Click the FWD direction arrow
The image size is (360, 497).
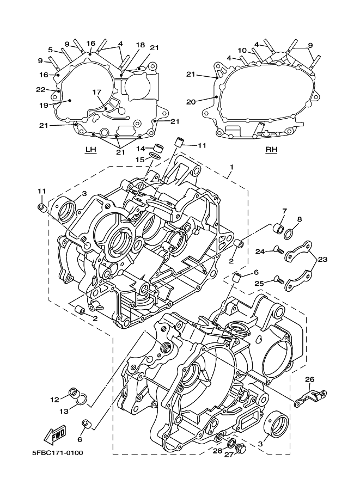coord(55,434)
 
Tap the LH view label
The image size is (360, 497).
coord(91,149)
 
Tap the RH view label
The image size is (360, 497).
coord(271,149)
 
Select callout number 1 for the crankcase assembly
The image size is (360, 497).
coord(231,167)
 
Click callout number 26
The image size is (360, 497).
coord(310,379)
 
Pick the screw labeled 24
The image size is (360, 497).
coord(278,251)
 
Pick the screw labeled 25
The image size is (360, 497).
coord(278,280)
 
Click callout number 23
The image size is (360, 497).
coord(322,259)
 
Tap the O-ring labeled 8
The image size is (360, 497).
coord(297,234)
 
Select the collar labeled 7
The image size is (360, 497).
coord(278,228)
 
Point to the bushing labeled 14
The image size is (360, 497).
coord(159,148)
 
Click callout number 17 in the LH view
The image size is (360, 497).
coord(97,92)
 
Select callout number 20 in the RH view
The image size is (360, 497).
coord(191,102)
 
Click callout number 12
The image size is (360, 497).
coord(54,400)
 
